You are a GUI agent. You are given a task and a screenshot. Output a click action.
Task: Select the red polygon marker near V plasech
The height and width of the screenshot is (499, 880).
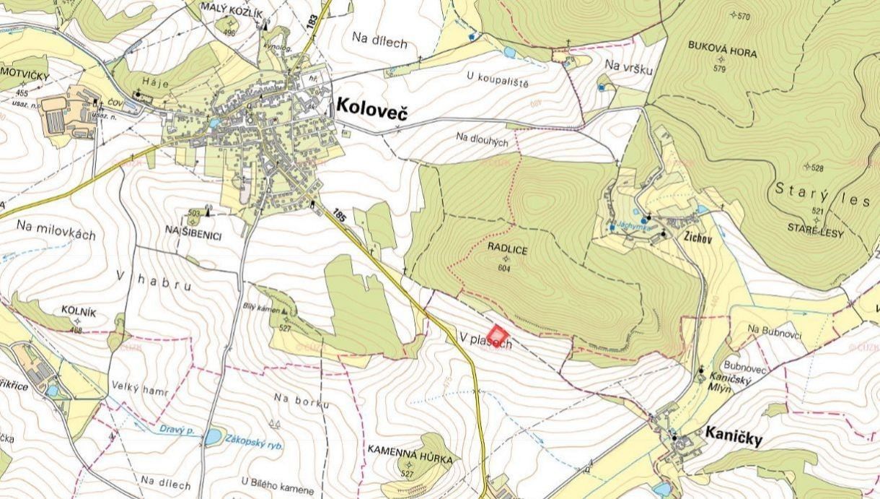[x=498, y=336]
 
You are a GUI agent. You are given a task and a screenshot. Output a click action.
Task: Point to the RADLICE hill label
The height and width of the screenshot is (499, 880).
[x=507, y=249]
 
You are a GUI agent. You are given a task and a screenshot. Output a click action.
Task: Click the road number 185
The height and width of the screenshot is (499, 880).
[x=339, y=214]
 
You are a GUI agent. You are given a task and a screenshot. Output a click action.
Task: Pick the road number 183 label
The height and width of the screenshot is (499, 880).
[x=312, y=22]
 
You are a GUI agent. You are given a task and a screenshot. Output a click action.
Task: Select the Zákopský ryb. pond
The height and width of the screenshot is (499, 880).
[x=213, y=436]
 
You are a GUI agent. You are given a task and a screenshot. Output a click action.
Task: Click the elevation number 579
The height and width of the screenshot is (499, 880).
[x=718, y=69]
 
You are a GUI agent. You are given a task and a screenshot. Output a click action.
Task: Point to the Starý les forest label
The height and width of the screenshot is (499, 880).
[x=822, y=194]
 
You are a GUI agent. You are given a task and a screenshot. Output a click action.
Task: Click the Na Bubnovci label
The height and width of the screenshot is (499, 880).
[x=775, y=330]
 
